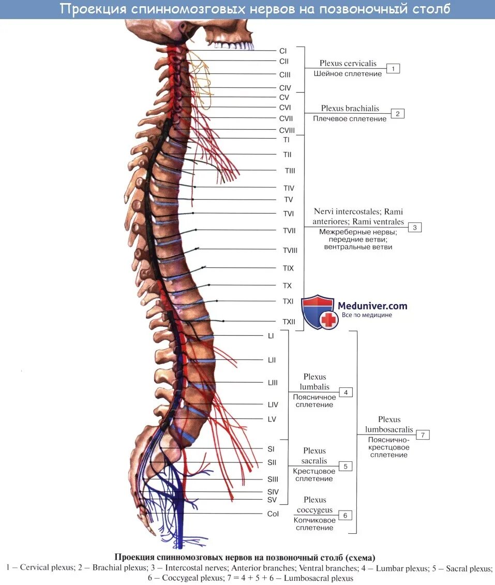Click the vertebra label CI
(x=283, y=51)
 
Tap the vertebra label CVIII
(x=287, y=130)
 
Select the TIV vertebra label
(x=289, y=188)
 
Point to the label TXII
(x=289, y=322)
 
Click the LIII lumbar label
(x=273, y=383)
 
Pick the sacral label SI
(x=271, y=449)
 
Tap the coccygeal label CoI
(x=273, y=514)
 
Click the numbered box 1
(x=393, y=68)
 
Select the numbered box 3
(x=414, y=227)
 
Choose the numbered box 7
(x=423, y=435)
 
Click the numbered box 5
(x=346, y=466)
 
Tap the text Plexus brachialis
(x=350, y=109)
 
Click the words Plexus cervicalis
(x=348, y=64)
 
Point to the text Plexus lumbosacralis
(x=389, y=424)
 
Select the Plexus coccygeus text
(x=315, y=505)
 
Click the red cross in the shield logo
(x=328, y=320)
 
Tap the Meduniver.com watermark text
(x=372, y=306)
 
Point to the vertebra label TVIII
(x=290, y=250)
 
